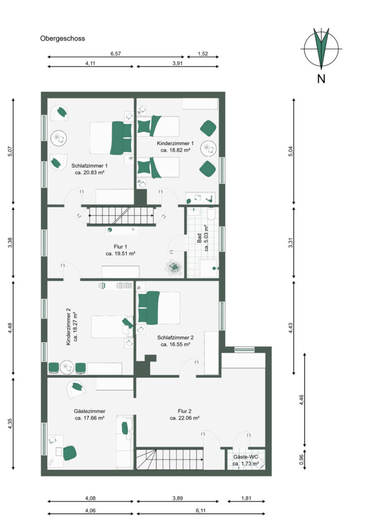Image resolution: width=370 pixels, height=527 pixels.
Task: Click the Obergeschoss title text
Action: coord(62,39)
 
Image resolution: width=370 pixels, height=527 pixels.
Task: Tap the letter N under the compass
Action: coord(321,79)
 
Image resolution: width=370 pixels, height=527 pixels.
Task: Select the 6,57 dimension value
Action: coord(116,54)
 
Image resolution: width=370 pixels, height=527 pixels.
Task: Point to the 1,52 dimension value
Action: coord(203,54)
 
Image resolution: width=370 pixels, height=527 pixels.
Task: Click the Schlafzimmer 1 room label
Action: coord(89,166)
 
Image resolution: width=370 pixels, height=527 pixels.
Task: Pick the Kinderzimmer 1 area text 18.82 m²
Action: coord(175,150)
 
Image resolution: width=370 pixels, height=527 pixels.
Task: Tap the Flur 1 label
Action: coord(120,247)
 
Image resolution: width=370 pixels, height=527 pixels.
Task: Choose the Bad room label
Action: coord(199,238)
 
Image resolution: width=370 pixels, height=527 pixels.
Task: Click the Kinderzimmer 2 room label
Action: coord(69,329)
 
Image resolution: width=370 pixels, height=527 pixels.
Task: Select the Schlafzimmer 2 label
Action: coord(175,338)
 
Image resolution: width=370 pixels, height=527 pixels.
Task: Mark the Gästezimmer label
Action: coord(90,411)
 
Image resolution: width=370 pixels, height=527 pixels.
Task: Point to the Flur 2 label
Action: coord(185,411)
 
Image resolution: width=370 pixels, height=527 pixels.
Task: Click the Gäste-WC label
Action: coord(245,457)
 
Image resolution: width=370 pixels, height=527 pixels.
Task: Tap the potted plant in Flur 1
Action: coord(174,267)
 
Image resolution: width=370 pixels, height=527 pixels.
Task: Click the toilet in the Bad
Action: coord(211,214)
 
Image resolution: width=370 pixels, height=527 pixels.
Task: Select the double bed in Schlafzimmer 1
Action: coord(111,138)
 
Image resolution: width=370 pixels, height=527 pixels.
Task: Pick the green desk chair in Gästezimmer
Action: coord(70,453)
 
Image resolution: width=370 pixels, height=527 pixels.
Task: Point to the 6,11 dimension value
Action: coord(200,510)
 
